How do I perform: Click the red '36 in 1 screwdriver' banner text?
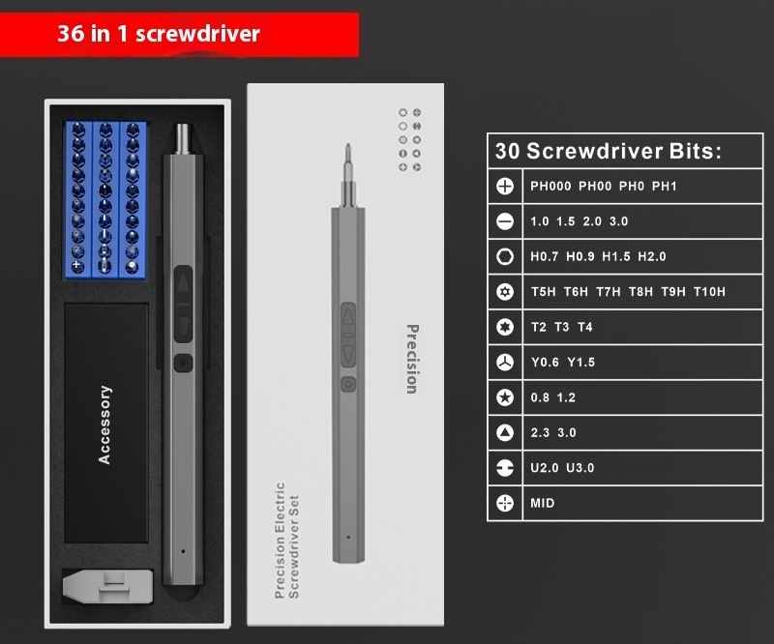[x=159, y=34]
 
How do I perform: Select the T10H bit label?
[x=709, y=292]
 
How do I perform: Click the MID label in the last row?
[x=543, y=503]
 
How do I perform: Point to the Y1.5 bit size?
[x=581, y=363]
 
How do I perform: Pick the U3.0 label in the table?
[x=580, y=468]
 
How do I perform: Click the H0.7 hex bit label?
[x=544, y=256]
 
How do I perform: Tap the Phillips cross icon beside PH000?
[x=504, y=186]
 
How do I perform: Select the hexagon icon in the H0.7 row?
[x=504, y=256]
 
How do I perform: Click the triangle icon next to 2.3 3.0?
[x=504, y=433]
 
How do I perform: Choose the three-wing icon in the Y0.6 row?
[x=504, y=363]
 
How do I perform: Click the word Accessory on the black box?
[x=104, y=424]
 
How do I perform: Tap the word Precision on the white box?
[x=412, y=359]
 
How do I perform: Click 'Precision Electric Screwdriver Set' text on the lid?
[x=286, y=541]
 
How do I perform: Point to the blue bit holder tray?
[x=106, y=199]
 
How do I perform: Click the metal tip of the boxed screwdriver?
[x=182, y=138]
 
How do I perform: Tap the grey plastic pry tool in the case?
[x=108, y=586]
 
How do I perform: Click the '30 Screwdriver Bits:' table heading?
[x=609, y=151]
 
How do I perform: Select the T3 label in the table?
[x=562, y=327]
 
